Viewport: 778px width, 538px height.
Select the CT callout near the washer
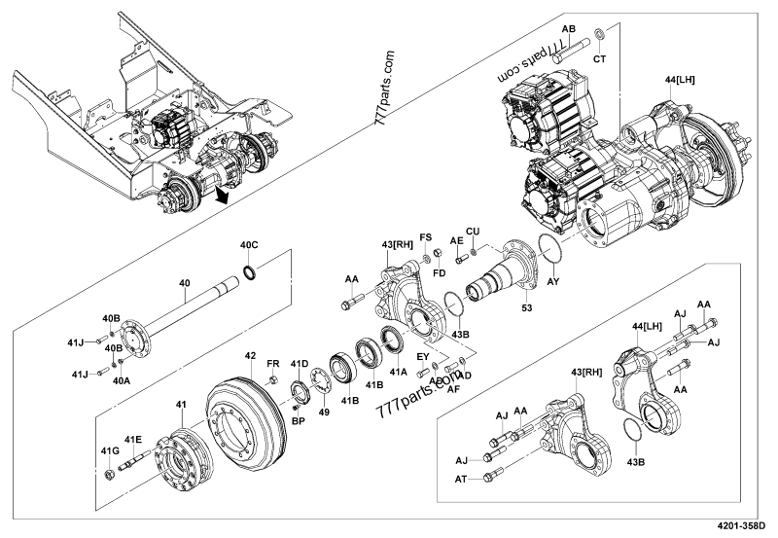(x=599, y=59)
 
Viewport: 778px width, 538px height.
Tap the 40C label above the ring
(x=250, y=244)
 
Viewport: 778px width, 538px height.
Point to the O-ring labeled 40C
(x=251, y=269)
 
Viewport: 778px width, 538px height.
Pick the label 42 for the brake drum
(x=250, y=356)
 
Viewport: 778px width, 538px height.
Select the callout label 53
(x=528, y=307)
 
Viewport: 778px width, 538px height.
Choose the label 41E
(x=132, y=440)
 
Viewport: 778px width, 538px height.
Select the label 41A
(x=398, y=370)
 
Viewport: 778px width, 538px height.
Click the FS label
(x=425, y=236)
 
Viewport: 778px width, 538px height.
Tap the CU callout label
(x=474, y=231)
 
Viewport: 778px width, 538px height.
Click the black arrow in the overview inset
(x=225, y=197)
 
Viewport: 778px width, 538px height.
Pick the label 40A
(x=121, y=382)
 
